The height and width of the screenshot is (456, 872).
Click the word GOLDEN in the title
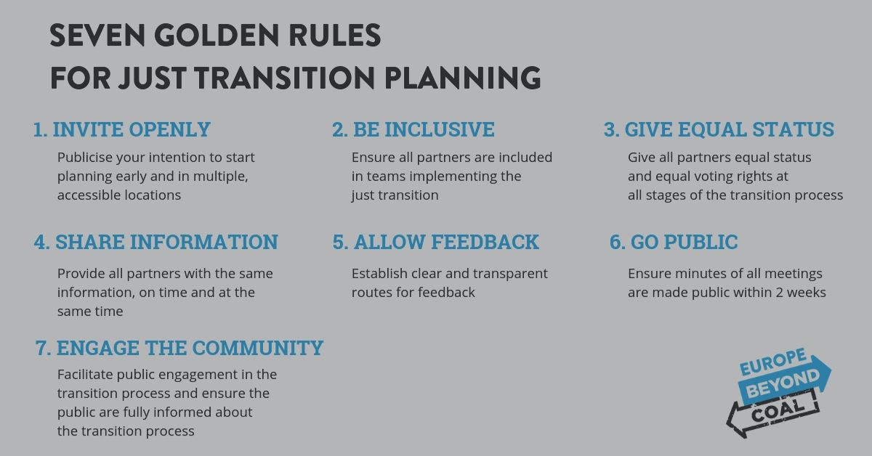[217, 36]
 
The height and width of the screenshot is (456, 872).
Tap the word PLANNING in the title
[462, 78]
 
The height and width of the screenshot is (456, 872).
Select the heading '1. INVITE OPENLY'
[122, 129]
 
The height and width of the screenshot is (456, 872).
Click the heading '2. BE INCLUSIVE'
[413, 129]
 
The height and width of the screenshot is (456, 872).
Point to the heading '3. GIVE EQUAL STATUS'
[719, 129]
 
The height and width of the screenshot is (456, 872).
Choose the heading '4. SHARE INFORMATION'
[156, 242]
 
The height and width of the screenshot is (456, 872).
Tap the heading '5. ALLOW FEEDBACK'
[435, 242]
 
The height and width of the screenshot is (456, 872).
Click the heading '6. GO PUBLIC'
[674, 242]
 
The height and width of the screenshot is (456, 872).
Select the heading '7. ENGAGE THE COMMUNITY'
[179, 348]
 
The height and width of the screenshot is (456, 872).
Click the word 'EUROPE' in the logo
[772, 362]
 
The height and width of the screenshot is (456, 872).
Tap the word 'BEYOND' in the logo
[783, 384]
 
